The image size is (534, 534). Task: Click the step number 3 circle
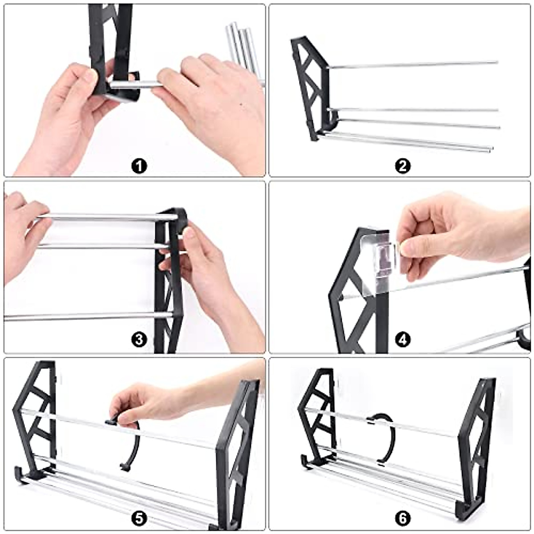point(139,340)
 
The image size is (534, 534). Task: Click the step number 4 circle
point(403,340)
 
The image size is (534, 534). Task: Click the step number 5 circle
point(139,518)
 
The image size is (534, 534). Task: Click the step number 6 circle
point(403,518)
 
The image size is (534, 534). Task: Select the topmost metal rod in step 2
point(414,65)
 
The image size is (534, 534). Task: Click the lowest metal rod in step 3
point(89,316)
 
